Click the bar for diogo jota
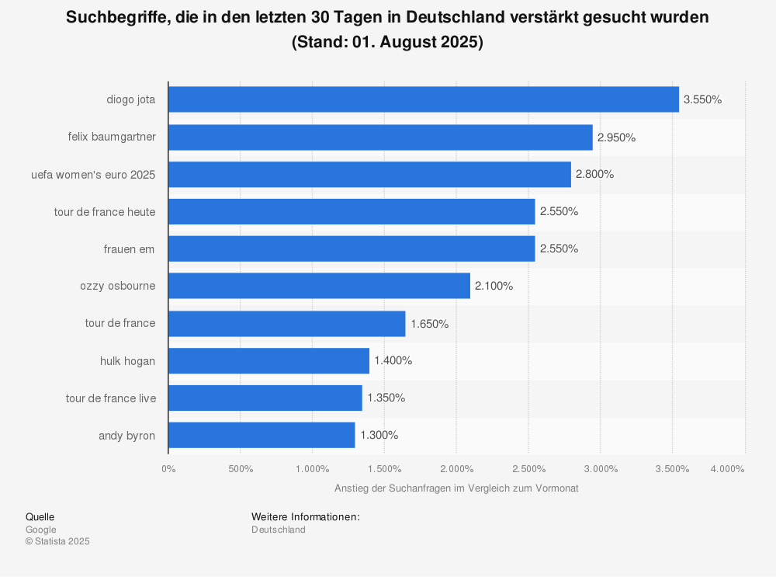click(424, 99)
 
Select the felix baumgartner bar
click(380, 137)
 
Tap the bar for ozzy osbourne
click(319, 286)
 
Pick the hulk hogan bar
click(268, 360)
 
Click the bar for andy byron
click(262, 435)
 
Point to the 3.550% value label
click(702, 100)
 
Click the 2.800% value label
click(594, 175)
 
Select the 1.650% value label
click(429, 324)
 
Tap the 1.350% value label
click(386, 398)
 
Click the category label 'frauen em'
click(129, 249)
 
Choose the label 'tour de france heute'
click(106, 211)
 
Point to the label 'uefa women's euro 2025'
click(93, 175)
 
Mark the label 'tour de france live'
click(110, 398)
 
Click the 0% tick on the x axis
click(168, 468)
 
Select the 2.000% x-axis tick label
click(456, 468)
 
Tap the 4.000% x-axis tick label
click(727, 468)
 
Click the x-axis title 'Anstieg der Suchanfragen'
click(456, 488)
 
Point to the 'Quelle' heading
click(40, 517)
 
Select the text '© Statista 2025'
click(57, 542)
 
